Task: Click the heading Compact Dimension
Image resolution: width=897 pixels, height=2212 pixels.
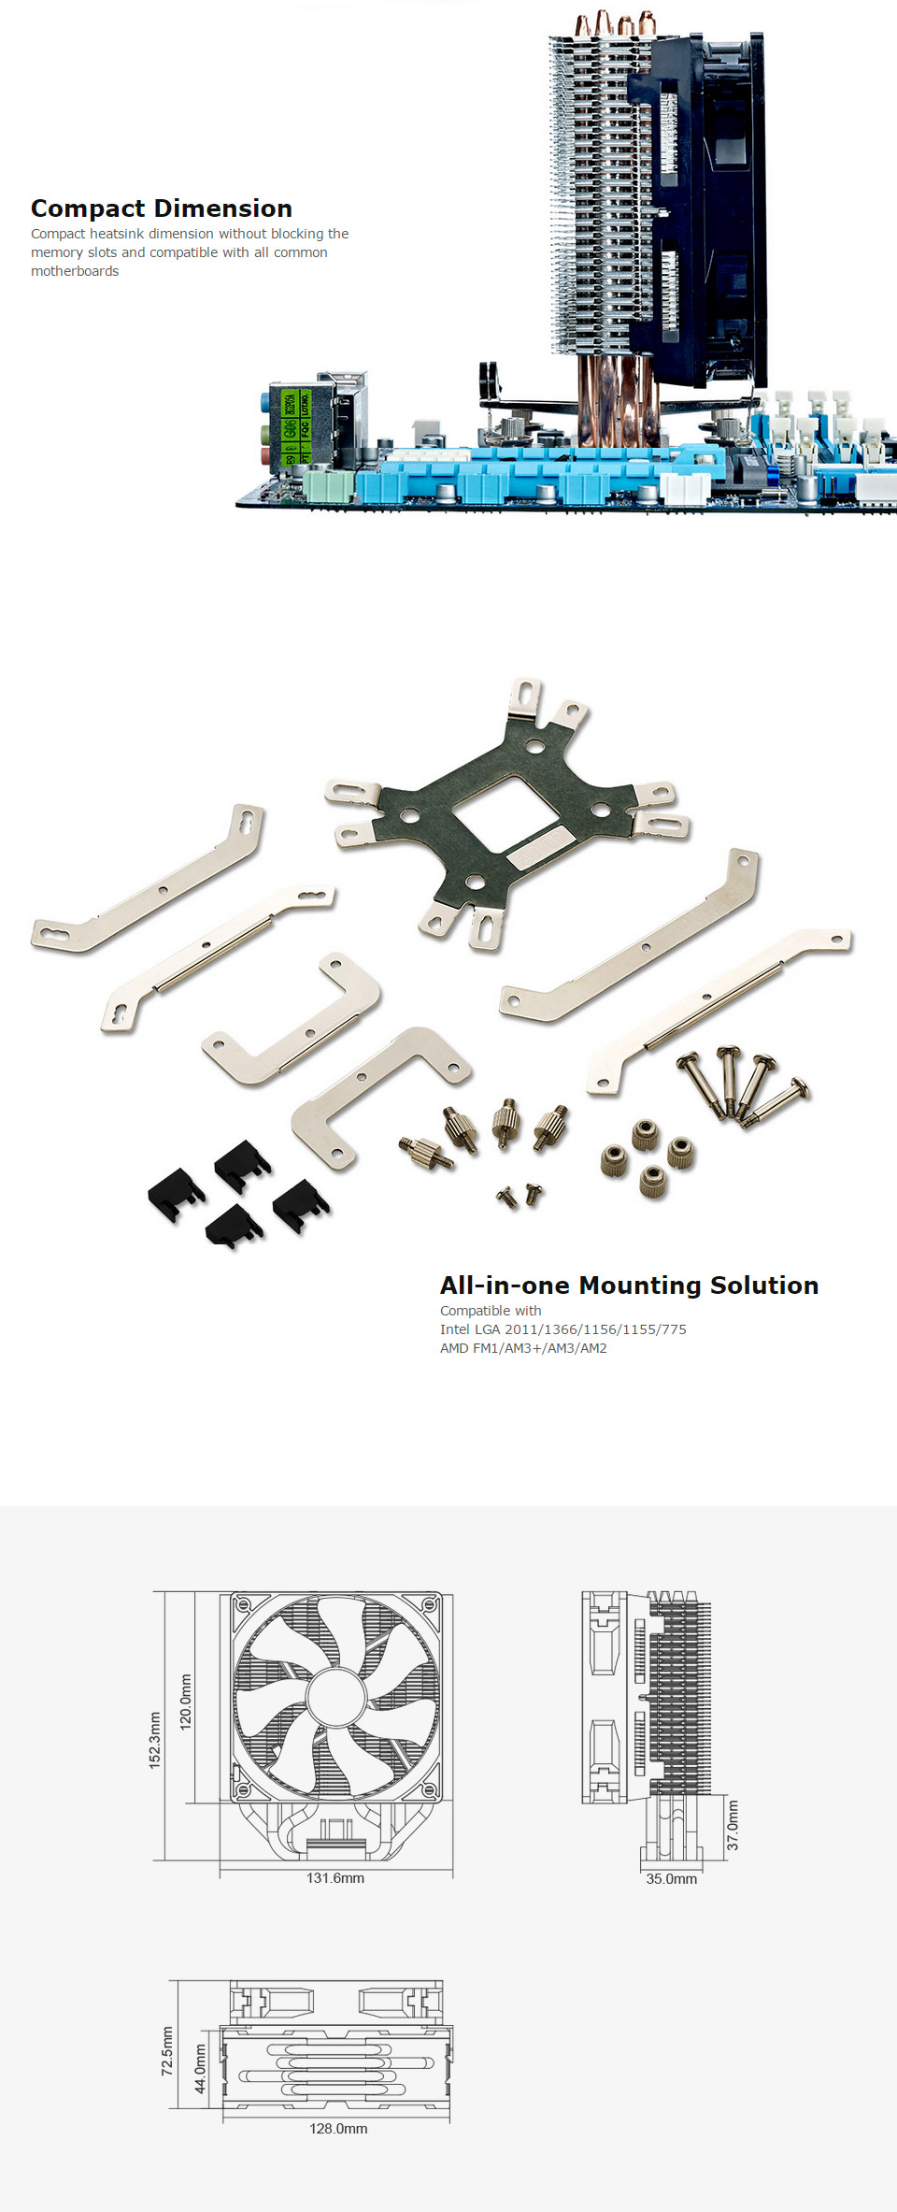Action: [x=162, y=208]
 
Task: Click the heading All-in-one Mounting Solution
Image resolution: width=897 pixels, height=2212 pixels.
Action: [x=629, y=1286]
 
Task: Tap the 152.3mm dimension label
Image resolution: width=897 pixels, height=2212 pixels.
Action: [x=155, y=1740]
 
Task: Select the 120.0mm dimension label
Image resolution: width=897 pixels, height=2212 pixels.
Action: [x=186, y=1702]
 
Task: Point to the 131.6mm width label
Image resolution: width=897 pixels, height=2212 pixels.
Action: [x=335, y=1878]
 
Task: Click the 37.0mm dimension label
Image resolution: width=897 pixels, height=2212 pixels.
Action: [x=733, y=1825]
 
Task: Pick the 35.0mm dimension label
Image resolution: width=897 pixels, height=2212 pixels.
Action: [x=672, y=1879]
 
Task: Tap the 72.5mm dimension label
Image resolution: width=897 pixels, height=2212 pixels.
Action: [x=167, y=2051]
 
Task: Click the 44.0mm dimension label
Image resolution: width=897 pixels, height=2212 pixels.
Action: [x=200, y=2069]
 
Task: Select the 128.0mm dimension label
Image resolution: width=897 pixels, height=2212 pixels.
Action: [x=338, y=2129]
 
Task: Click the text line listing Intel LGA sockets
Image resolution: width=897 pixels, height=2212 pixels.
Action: [x=563, y=1329]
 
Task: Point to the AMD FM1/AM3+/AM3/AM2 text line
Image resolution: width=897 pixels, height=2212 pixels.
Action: [x=523, y=1348]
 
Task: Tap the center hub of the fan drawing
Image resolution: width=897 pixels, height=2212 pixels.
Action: [x=335, y=1697]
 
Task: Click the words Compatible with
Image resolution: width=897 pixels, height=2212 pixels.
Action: [x=491, y=1311]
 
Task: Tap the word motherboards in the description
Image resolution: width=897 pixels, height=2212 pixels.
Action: [x=75, y=271]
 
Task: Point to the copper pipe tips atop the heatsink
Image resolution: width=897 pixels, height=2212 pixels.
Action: [x=615, y=23]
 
